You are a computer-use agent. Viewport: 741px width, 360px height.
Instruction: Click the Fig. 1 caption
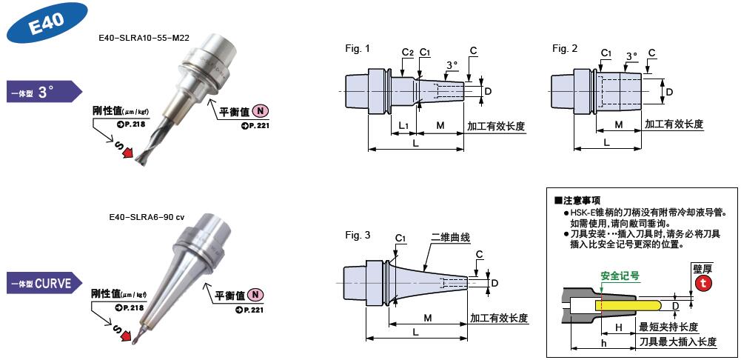(x=358, y=49)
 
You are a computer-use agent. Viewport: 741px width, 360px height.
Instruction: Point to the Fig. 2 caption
(x=565, y=49)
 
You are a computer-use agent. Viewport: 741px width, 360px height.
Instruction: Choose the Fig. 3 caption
(x=358, y=236)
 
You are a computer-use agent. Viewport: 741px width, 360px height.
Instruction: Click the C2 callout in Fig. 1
(x=407, y=52)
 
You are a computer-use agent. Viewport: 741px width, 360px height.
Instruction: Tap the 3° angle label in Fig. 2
(x=631, y=56)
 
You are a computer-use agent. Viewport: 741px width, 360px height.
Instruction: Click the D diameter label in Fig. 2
(x=669, y=92)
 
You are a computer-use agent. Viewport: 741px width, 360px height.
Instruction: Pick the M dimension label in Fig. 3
(x=428, y=318)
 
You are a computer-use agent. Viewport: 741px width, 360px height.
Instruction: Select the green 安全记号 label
(x=620, y=276)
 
